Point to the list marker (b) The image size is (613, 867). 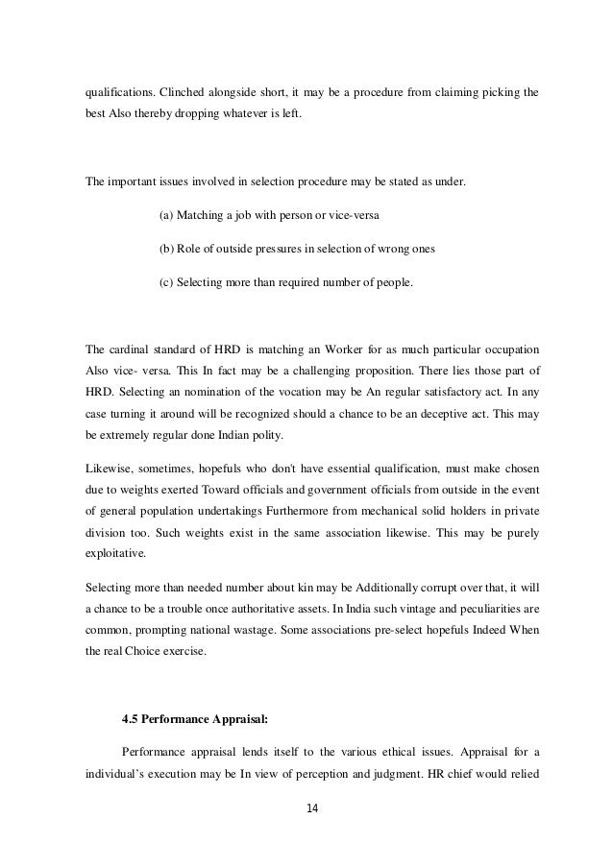point(165,249)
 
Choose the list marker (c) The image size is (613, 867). point(165,282)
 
